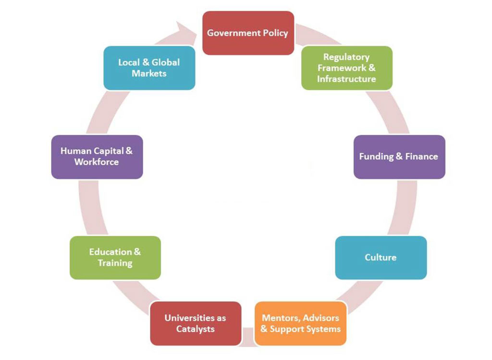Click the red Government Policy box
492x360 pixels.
(x=248, y=33)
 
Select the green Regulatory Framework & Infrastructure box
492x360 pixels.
(x=346, y=68)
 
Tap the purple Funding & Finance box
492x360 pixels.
(x=399, y=156)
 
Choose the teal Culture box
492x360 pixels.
(x=381, y=257)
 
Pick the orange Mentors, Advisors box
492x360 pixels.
(x=300, y=323)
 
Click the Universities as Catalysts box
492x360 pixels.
(x=195, y=323)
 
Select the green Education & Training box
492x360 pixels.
(x=115, y=257)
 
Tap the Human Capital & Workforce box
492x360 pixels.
(x=97, y=156)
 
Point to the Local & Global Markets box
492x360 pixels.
(x=149, y=68)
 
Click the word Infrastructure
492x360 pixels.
(x=346, y=79)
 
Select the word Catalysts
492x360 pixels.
(x=195, y=329)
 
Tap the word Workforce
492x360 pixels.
(x=97, y=162)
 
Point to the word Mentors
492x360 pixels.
(x=280, y=318)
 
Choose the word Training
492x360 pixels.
(x=115, y=263)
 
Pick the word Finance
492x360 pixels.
(x=421, y=156)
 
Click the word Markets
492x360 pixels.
(x=149, y=73)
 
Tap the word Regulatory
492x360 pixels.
(x=346, y=57)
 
